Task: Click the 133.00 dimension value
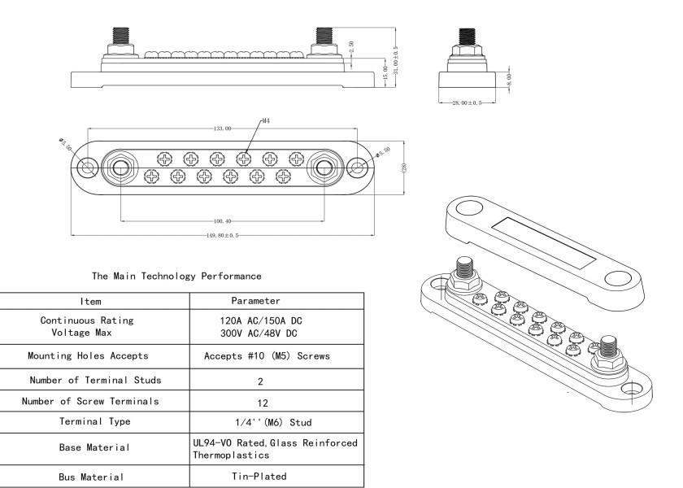(x=222, y=128)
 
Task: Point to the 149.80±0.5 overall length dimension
(x=222, y=236)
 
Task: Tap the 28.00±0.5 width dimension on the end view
(x=468, y=102)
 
